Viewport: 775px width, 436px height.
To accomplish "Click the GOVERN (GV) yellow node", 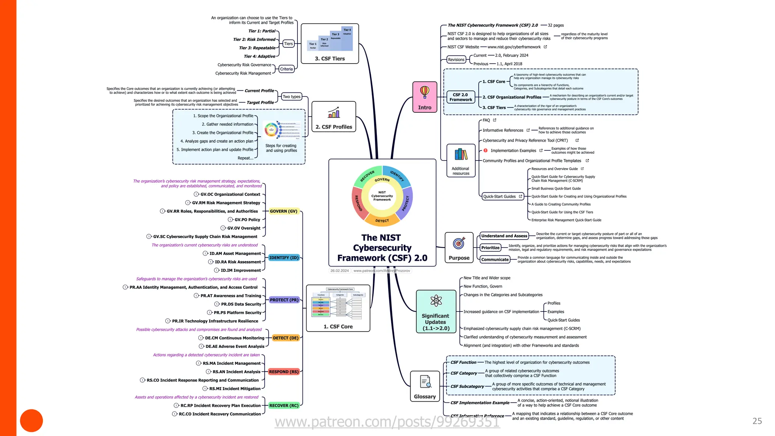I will click(x=283, y=211).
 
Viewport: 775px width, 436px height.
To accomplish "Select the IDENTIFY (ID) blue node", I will click(x=284, y=258).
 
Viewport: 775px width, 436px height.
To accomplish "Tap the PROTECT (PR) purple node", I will click(x=284, y=300).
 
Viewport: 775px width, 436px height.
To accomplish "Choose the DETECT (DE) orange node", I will click(x=285, y=338).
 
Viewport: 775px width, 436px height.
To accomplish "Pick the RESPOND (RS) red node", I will click(x=283, y=372).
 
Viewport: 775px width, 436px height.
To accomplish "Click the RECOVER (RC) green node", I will click(x=283, y=405).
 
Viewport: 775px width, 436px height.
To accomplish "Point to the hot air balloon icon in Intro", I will click(x=425, y=92).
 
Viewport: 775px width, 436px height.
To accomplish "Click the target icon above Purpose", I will click(x=459, y=243).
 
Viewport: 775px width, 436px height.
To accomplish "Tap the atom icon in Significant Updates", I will click(x=436, y=301).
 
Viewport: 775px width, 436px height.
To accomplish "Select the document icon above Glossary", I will click(x=425, y=381).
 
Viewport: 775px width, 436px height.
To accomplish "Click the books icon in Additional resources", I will click(x=461, y=154).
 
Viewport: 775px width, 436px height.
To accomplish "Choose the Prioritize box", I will click(x=490, y=248).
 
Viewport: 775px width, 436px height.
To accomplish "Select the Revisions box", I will click(x=456, y=59).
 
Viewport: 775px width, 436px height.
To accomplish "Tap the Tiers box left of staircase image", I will click(x=288, y=44).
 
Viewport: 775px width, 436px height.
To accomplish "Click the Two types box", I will click(x=291, y=97).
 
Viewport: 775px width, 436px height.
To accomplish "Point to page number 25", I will click(x=757, y=421).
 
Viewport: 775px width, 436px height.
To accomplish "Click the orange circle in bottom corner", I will click(x=31, y=420).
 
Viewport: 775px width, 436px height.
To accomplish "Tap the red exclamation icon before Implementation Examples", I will click(x=486, y=151).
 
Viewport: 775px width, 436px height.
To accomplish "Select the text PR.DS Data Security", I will click(x=241, y=304).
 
